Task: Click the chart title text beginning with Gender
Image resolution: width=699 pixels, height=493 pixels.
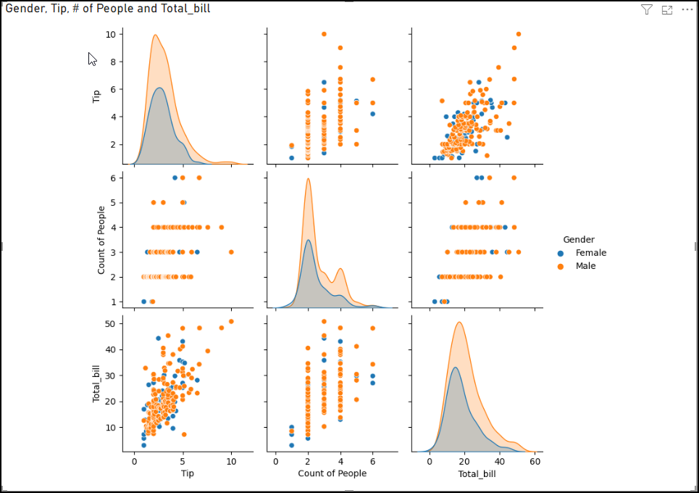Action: click(x=108, y=9)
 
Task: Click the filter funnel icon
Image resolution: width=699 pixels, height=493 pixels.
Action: click(x=647, y=9)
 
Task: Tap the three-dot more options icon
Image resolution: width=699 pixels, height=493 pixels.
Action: click(x=687, y=9)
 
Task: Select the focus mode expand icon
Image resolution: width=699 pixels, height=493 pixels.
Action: click(x=667, y=9)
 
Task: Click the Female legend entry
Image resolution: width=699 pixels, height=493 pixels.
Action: click(x=590, y=253)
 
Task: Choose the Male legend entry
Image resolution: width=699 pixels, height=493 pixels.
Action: click(x=585, y=266)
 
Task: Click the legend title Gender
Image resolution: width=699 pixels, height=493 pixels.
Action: click(x=579, y=239)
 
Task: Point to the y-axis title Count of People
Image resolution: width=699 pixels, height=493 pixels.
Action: click(x=101, y=240)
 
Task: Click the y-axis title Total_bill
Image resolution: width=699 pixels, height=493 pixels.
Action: click(x=97, y=384)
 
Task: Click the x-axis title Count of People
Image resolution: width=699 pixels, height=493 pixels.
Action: click(x=332, y=473)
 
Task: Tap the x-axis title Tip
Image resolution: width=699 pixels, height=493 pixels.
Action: click(x=187, y=473)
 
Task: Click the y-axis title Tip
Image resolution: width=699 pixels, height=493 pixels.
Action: click(x=97, y=96)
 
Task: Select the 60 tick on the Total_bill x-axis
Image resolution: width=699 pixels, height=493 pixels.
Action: click(x=535, y=461)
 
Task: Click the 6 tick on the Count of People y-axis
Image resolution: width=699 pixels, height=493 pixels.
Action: click(x=112, y=178)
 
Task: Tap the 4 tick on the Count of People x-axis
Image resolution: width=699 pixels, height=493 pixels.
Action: click(x=340, y=461)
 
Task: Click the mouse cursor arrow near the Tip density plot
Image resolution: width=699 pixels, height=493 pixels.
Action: click(x=92, y=59)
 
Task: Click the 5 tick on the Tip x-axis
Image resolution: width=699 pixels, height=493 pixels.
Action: click(x=183, y=461)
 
